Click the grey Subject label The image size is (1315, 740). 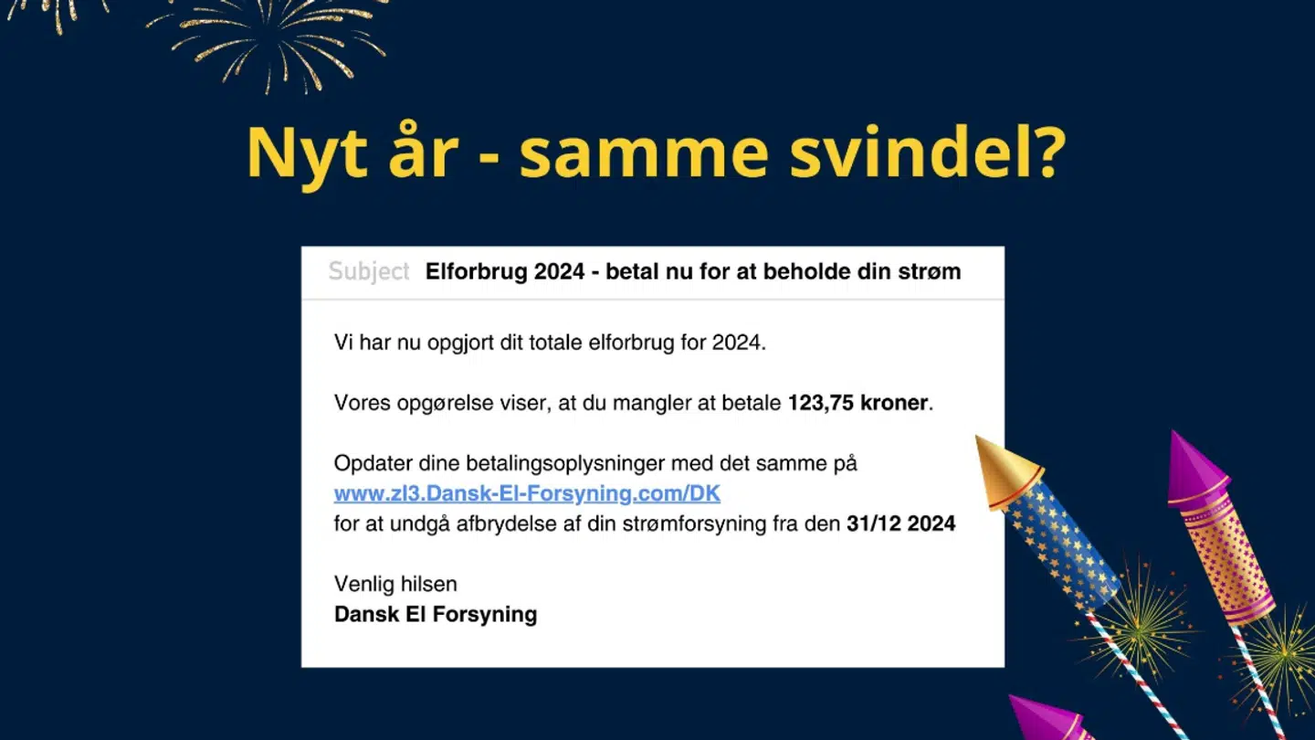[369, 271]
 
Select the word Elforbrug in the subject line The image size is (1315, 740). [476, 271]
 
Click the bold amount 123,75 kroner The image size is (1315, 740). [857, 403]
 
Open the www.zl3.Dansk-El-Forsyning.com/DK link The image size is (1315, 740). [527, 494]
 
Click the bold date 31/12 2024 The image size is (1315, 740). [900, 524]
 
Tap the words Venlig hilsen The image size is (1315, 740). [395, 584]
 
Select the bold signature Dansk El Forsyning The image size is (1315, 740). [436, 614]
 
